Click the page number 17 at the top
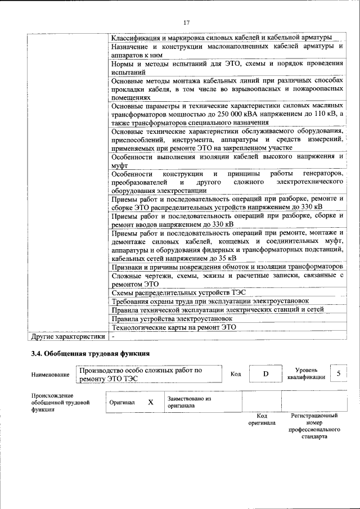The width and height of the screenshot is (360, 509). [187, 22]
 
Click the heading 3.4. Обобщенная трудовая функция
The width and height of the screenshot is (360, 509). [90, 354]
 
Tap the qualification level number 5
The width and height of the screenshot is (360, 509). [338, 373]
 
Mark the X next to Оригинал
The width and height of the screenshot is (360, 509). [150, 402]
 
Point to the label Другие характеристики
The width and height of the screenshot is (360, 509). [67, 336]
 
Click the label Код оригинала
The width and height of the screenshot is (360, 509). [262, 419]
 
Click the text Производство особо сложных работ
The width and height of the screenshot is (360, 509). [141, 371]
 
